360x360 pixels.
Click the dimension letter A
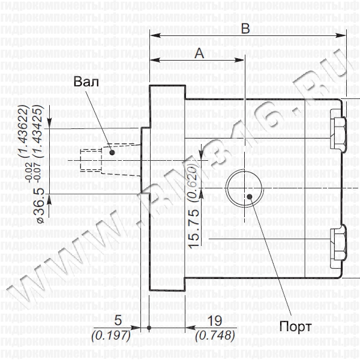pyautogui.click(x=199, y=53)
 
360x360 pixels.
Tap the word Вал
pyautogui.click(x=85, y=82)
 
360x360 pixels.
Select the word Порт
pyautogui.click(x=295, y=326)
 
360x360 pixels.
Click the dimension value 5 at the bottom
pyautogui.click(x=119, y=319)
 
